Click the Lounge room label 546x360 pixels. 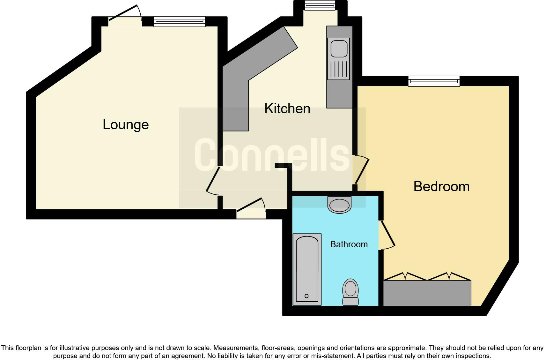(126, 124)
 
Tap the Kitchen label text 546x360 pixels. (287, 109)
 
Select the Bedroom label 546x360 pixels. (441, 186)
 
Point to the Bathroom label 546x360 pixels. (349, 244)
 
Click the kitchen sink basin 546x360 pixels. (339, 48)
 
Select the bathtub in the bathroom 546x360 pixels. (307, 269)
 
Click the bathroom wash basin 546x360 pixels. (339, 205)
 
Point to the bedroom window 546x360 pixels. (434, 81)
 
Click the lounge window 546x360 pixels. (179, 21)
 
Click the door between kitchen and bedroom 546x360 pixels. (361, 170)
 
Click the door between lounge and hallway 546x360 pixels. (213, 180)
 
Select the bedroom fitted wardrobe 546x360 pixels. (427, 293)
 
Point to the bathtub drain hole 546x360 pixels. (306, 296)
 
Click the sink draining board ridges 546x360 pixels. (339, 70)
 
